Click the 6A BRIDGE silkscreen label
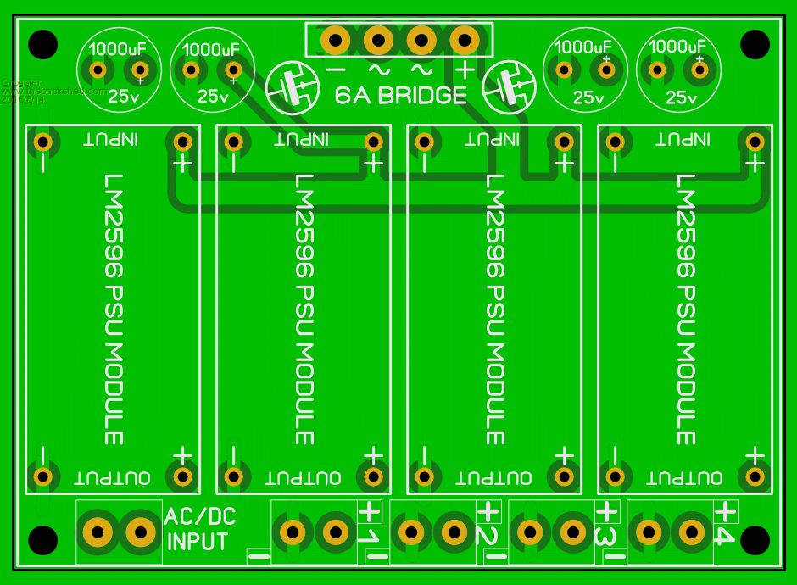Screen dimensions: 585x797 400,95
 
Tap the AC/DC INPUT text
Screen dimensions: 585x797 199,529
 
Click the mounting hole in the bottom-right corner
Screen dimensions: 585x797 755,539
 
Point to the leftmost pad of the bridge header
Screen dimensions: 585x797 336,39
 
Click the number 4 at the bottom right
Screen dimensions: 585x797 723,536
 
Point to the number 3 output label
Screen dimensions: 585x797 605,536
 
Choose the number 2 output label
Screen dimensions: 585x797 487,536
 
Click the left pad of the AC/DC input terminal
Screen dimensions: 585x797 98,532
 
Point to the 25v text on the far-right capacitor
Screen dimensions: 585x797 681,98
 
